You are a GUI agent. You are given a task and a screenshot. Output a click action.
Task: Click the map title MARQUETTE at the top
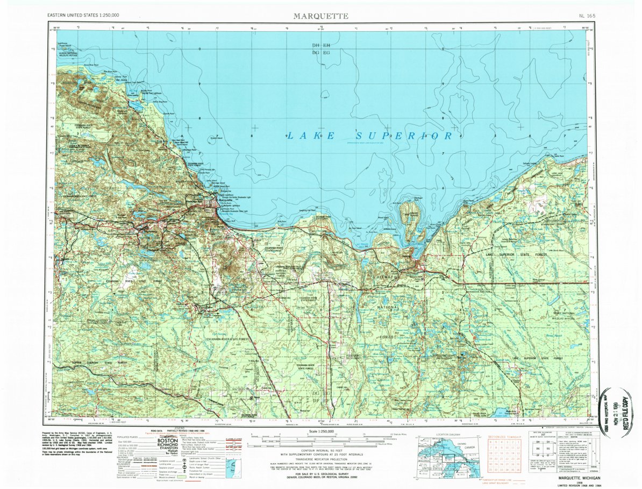pos(320,16)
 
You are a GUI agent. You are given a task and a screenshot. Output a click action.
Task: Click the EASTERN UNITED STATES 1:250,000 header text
pos(83,16)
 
